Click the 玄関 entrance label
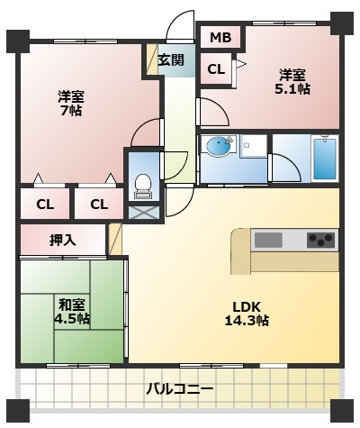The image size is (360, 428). (x=171, y=60)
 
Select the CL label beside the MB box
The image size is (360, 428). (x=216, y=68)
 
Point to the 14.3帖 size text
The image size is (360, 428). (x=246, y=320)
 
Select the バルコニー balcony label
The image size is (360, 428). (x=181, y=390)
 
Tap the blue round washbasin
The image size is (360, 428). (x=219, y=146)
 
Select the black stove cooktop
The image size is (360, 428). (x=320, y=240)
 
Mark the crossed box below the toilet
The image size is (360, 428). (x=142, y=214)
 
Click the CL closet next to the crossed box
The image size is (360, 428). (x=98, y=205)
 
